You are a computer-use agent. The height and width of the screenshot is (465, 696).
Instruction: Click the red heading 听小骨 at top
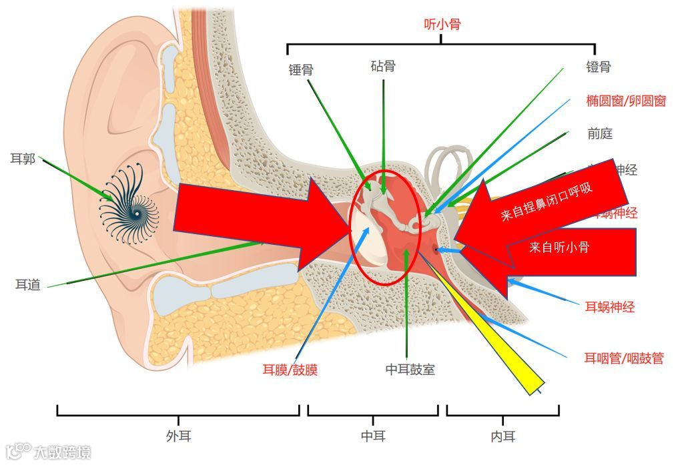click(x=442, y=25)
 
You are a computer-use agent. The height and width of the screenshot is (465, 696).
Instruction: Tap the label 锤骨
click(x=301, y=69)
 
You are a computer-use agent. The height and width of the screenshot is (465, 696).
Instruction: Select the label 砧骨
click(x=383, y=66)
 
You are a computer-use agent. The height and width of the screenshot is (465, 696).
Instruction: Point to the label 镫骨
click(x=598, y=67)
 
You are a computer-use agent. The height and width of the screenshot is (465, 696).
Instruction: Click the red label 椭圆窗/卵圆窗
click(x=625, y=101)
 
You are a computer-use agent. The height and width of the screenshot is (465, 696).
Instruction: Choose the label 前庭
click(x=599, y=134)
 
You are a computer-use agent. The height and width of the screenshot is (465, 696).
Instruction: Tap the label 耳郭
click(x=23, y=159)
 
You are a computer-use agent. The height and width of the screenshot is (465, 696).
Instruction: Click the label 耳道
click(x=28, y=285)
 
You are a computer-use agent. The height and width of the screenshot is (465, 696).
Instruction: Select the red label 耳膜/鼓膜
click(x=290, y=370)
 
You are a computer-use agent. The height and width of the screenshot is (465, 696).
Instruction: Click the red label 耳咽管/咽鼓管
click(x=624, y=358)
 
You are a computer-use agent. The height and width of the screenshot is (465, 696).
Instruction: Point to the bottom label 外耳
click(x=178, y=436)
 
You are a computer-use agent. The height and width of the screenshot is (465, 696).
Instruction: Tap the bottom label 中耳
click(x=373, y=436)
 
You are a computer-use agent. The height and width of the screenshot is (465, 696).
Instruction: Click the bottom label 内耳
click(x=503, y=437)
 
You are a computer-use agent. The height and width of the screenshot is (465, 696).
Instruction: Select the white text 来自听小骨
click(x=559, y=248)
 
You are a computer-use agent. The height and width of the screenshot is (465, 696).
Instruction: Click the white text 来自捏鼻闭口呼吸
click(x=547, y=201)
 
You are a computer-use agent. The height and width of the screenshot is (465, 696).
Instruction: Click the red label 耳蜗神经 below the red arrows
click(x=609, y=308)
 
